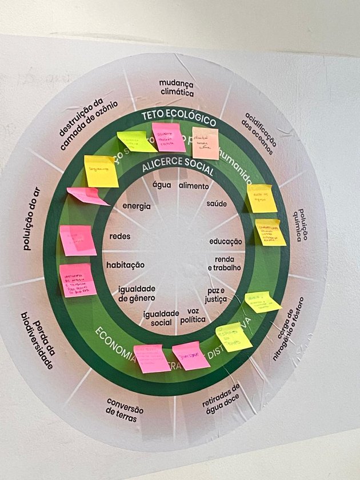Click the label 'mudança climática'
[177, 87]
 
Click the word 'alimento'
[194, 186]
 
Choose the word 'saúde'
[217, 204]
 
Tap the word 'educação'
[226, 242]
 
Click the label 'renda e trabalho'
[224, 263]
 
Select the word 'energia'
[137, 206]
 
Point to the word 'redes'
[119, 237]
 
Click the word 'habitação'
[125, 265]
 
